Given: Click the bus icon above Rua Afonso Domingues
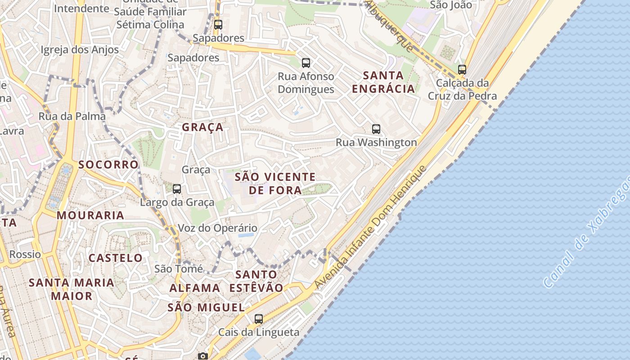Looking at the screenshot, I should coord(306,63).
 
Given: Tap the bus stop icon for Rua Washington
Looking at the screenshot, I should coord(376,129).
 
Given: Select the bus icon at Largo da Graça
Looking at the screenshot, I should coord(177,189).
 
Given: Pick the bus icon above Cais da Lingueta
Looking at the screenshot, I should coord(258,319).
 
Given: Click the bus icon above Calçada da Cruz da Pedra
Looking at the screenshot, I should coord(462,70).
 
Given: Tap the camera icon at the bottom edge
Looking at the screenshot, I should coord(203,356).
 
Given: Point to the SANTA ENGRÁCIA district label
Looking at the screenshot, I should coord(383,82).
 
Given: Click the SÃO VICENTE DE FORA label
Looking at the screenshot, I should coord(275,183).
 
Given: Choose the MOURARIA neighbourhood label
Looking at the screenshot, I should coord(90,215).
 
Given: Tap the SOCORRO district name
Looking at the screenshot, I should coord(108,164).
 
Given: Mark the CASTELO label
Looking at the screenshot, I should coord(116,258).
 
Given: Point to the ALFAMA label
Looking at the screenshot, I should coord(195,288).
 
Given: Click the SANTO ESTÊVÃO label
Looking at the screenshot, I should coord(256,281).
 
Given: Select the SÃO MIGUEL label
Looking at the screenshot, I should coord(206,308).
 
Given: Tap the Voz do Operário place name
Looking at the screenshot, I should coord(218,228).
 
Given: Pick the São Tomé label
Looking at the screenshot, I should coord(179,269).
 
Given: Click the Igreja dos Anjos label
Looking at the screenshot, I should coord(80,49).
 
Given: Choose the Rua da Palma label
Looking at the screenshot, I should coord(72,116).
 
